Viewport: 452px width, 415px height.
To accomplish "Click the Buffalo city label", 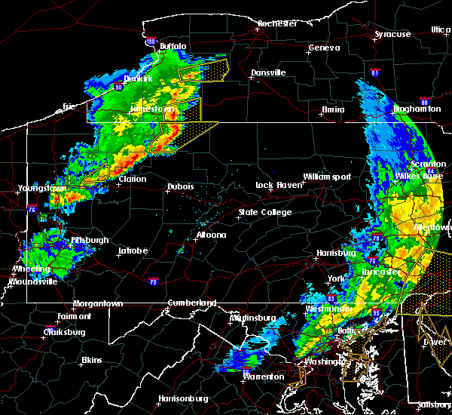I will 173,47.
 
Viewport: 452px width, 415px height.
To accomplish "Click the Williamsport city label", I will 327,177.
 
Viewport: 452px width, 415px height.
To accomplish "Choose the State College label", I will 265,212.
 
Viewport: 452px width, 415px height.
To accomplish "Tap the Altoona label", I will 211,235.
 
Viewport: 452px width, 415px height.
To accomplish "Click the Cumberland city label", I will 191,303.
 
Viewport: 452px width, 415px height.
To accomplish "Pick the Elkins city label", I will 91,360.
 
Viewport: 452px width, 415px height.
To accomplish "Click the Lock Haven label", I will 274,185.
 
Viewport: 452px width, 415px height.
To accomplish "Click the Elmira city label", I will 333,109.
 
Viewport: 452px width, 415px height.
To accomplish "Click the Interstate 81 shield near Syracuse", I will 375,73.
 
